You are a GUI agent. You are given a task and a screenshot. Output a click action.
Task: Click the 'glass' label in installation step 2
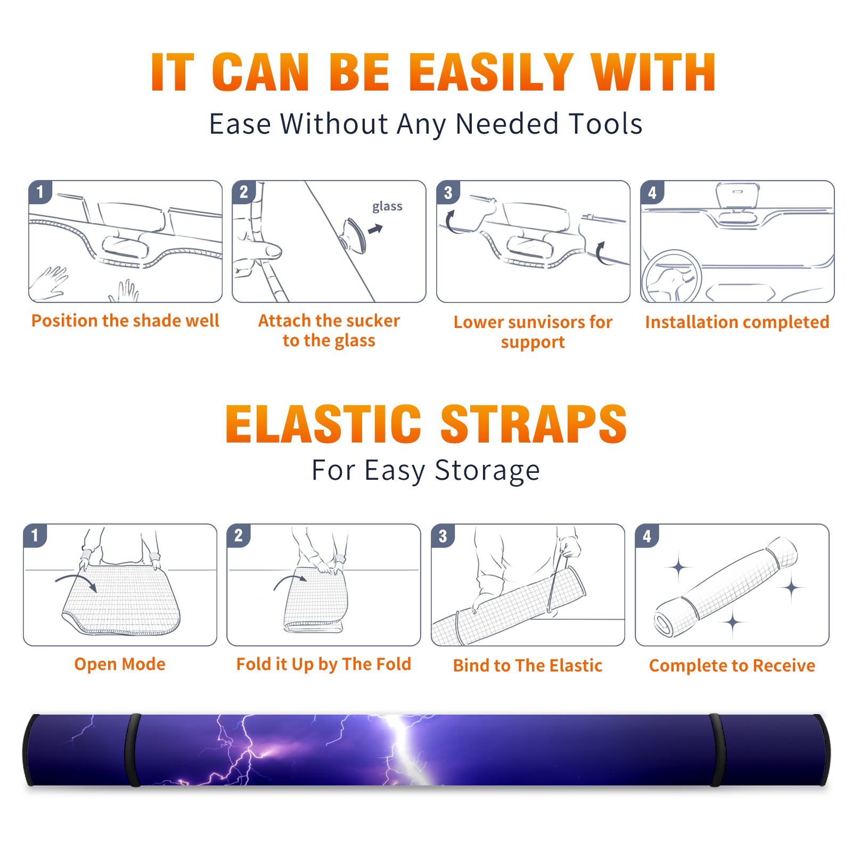point(387,207)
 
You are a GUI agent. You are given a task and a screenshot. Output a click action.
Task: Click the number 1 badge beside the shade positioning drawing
point(40,192)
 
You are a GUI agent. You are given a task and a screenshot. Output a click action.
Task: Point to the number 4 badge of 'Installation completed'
point(652,192)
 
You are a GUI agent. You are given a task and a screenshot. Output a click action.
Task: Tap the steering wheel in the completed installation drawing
point(671,276)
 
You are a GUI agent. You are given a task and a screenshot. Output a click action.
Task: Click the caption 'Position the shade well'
point(125,321)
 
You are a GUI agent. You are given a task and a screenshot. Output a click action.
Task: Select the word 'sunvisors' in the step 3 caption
point(545,322)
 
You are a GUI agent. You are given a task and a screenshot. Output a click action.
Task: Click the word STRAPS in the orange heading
point(534,424)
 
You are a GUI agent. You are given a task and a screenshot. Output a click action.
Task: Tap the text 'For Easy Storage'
point(425,470)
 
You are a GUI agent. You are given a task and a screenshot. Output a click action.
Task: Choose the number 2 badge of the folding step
point(239,535)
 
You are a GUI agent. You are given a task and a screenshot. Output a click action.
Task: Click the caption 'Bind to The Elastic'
point(528,666)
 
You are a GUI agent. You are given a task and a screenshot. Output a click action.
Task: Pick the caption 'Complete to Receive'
point(732,666)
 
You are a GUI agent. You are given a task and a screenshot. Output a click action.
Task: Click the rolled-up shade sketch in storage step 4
point(726,587)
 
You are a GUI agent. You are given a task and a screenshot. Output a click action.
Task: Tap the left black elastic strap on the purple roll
point(133,750)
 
